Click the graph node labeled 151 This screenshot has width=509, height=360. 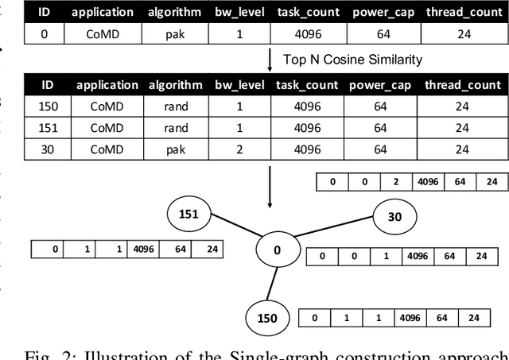pyautogui.click(x=188, y=215)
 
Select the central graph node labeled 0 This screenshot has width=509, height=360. pyautogui.click(x=278, y=250)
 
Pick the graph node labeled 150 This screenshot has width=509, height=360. pyautogui.click(x=267, y=318)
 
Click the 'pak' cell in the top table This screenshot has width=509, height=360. pyautogui.click(x=176, y=33)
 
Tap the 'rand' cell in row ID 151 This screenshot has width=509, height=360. pyautogui.click(x=176, y=128)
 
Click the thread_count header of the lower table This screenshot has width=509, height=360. pyautogui.click(x=462, y=85)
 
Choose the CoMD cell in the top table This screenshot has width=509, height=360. pyautogui.click(x=107, y=33)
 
